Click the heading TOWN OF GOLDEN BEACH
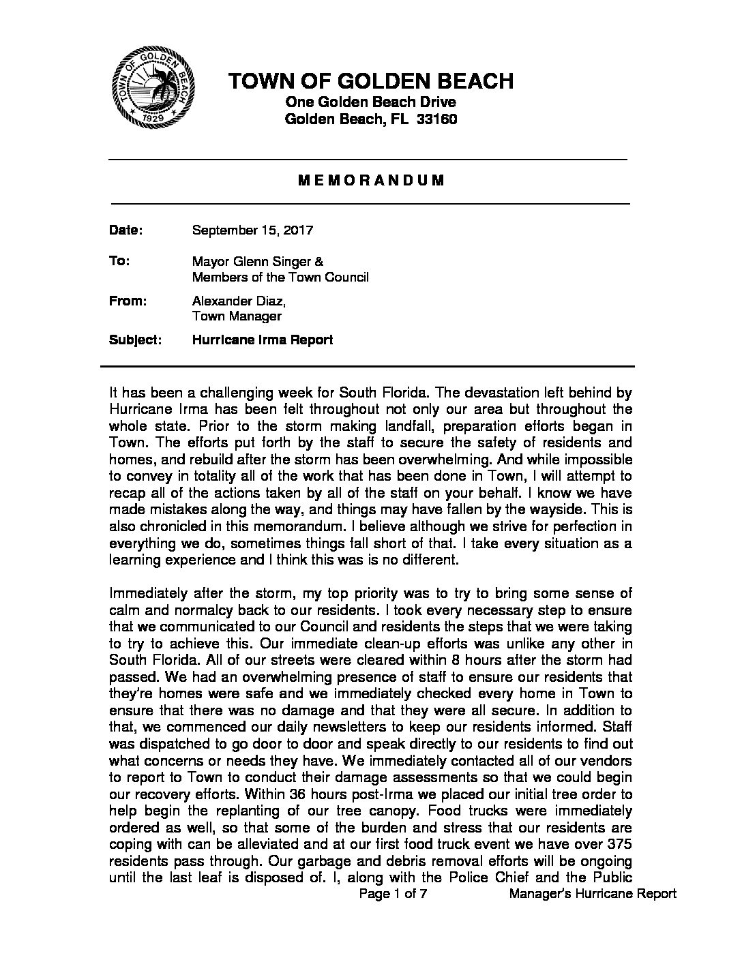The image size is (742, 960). click(371, 81)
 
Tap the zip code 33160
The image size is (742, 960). click(434, 119)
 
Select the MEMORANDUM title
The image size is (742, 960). click(363, 181)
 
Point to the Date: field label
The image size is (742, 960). click(125, 230)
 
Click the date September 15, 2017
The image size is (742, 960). click(252, 230)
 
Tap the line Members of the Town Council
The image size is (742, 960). click(280, 277)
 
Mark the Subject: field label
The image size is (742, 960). click(135, 340)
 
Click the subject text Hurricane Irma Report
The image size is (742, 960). click(263, 340)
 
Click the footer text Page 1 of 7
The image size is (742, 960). click(393, 894)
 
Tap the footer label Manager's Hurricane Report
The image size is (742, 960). click(593, 894)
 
